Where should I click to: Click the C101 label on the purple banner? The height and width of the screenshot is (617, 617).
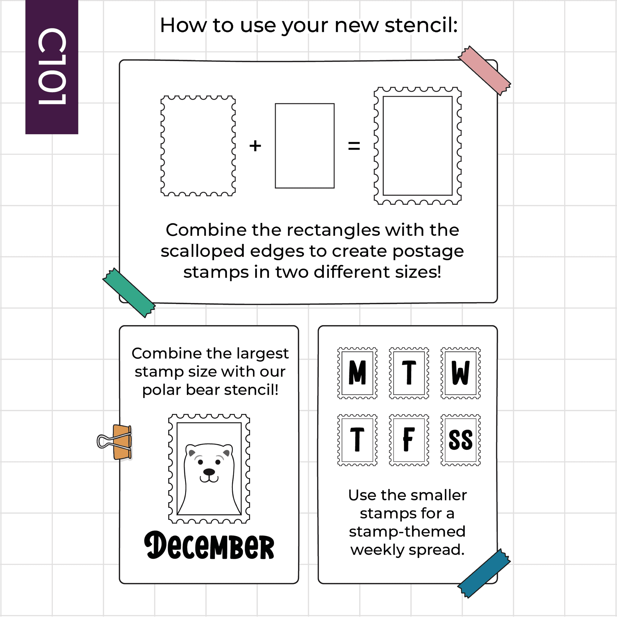(52, 66)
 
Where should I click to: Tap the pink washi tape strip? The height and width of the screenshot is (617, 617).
(484, 71)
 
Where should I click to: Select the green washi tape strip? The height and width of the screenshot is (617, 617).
(129, 292)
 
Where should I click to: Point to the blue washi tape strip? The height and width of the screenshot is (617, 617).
(484, 573)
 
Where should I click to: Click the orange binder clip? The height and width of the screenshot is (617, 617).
(115, 442)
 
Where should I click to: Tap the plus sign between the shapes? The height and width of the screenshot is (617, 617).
(255, 146)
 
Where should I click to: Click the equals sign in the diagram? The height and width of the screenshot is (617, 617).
(354, 146)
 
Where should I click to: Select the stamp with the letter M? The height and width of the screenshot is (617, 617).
(357, 373)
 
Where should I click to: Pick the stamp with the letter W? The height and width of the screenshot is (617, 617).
(461, 373)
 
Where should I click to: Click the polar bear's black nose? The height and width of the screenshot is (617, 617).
(209, 472)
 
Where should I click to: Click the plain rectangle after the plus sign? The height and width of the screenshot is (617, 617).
(305, 146)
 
